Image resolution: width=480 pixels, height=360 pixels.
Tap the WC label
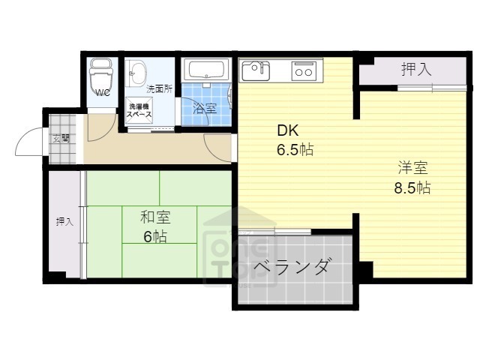tap(103, 94)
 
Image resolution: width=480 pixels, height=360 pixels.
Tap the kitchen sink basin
tap(254, 71)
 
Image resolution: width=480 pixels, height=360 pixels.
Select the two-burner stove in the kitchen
tap(303, 72)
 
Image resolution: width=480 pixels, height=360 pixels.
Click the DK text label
tap(289, 130)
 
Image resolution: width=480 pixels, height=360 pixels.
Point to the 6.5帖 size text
tap(295, 148)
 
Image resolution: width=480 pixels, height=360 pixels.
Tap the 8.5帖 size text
tap(412, 187)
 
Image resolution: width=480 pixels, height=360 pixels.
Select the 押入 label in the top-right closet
tap(415, 70)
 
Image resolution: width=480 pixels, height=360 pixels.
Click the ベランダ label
tap(291, 267)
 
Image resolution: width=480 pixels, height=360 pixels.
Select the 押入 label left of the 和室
tap(64, 222)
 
